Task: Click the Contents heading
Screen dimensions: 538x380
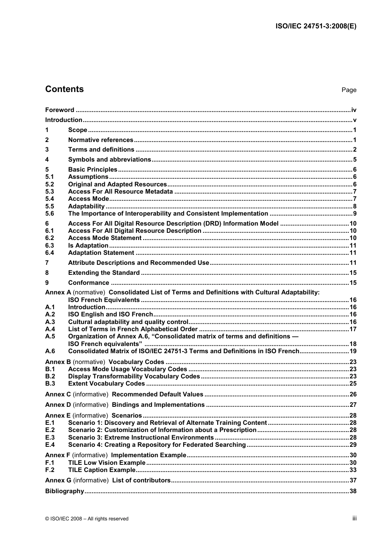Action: (64, 89)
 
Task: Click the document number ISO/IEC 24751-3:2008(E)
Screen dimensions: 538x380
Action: (316, 26)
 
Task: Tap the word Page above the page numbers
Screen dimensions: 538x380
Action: (349, 90)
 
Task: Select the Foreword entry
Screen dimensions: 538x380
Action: (60, 110)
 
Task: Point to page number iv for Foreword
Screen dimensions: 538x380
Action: (354, 110)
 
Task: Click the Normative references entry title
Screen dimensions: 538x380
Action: (100, 140)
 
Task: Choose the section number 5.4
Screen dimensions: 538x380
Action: (50, 199)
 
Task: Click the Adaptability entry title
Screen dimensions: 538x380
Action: (86, 206)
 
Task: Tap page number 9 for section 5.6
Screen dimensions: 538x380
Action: (354, 214)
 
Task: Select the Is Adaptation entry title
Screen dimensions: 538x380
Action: (88, 246)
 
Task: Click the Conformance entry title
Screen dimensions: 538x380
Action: (88, 283)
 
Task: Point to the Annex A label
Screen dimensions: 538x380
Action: (58, 292)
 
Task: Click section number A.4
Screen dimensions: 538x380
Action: (50, 329)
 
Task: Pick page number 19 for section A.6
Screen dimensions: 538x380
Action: (353, 351)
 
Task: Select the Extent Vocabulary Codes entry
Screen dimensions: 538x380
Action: (106, 384)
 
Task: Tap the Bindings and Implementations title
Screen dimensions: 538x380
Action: (158, 405)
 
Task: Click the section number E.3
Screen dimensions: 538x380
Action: (50, 438)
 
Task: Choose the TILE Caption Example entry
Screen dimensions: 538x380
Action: (102, 470)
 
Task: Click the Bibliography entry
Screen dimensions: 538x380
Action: (64, 491)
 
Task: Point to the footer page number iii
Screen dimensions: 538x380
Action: (354, 518)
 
